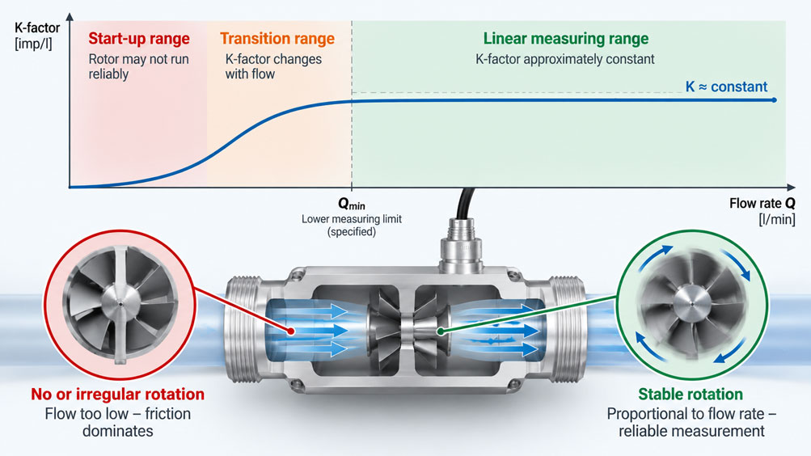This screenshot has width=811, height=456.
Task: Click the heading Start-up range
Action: click(138, 39)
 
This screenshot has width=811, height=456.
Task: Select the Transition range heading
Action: click(277, 39)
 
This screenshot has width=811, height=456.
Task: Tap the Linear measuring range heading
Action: click(566, 39)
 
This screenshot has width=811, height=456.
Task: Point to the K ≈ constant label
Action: click(726, 87)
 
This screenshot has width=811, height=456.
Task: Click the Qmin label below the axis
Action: click(352, 204)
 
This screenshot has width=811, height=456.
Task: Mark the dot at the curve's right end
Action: click(775, 99)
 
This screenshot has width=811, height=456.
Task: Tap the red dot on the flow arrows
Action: click(291, 331)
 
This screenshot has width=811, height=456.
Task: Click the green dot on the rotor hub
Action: click(440, 331)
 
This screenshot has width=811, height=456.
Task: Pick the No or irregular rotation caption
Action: click(117, 394)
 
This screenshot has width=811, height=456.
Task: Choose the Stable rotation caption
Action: click(691, 394)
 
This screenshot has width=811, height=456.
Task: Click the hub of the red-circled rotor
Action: click(120, 304)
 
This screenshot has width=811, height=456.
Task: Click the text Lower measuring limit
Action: click(352, 218)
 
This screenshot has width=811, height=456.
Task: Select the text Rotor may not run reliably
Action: click(138, 66)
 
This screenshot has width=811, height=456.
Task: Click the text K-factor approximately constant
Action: click(565, 59)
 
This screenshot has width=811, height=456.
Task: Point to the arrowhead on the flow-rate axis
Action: click(791, 187)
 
